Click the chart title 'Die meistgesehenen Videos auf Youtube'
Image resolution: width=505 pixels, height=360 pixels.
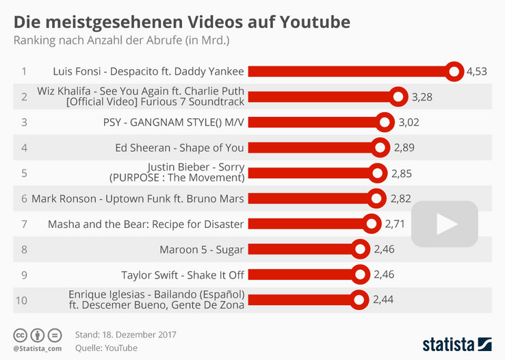[182, 22]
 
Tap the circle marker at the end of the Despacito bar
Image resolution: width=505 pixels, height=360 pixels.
[454, 71]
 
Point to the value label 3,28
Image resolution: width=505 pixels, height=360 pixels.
[423, 97]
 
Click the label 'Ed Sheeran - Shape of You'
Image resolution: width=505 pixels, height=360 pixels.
[180, 147]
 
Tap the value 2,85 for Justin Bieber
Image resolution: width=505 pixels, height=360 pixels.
[402, 173]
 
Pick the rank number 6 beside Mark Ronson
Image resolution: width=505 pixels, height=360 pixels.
[24, 199]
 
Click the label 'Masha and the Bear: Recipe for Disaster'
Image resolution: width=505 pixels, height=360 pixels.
[146, 224]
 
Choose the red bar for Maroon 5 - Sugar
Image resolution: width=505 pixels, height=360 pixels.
[301, 249]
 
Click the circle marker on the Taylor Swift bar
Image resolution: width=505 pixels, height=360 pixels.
[361, 274]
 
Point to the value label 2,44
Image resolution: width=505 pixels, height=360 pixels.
[384, 300]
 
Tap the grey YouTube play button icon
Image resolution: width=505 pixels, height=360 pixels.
[445, 224]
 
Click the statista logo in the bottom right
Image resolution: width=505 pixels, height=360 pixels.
[456, 343]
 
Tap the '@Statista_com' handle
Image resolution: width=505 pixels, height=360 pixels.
[37, 349]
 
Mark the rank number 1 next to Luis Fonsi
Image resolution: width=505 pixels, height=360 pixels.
[24, 71]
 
